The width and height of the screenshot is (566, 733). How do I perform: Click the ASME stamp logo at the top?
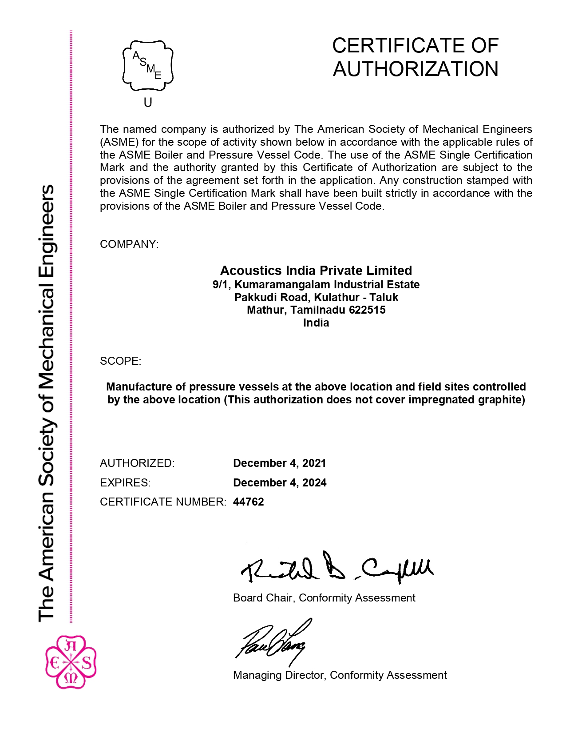[x=148, y=66]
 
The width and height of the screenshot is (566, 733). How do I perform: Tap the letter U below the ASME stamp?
[x=148, y=103]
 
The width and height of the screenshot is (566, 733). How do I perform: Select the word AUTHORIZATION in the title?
[x=416, y=69]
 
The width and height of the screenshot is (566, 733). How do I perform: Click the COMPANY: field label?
[x=129, y=244]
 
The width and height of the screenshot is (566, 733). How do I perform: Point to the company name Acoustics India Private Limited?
[x=316, y=271]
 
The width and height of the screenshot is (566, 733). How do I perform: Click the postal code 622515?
[x=367, y=310]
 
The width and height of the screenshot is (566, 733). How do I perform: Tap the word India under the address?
[x=316, y=323]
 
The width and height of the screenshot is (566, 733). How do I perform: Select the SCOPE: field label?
[x=120, y=361]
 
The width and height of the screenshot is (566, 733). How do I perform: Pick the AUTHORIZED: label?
[x=137, y=463]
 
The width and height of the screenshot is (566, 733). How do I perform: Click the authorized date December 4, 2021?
[x=280, y=463]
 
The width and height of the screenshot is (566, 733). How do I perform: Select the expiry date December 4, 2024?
[x=280, y=482]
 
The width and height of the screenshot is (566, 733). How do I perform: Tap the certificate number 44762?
[x=249, y=502]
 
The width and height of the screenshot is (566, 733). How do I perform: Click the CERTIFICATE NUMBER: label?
[x=163, y=502]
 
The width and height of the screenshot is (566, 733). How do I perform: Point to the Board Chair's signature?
[x=336, y=568]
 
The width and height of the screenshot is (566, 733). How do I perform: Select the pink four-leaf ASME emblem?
[x=71, y=662]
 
